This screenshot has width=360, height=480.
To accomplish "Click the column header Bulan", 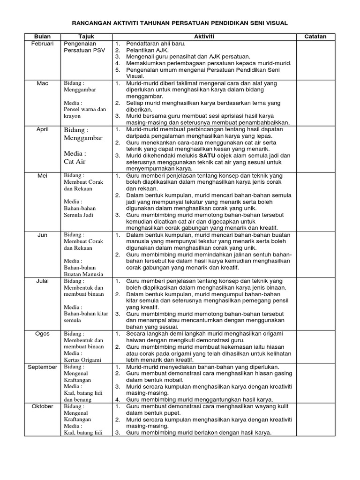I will (42, 37).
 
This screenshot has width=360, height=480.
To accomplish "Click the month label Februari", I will (42, 44).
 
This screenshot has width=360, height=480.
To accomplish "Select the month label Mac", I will (42, 83).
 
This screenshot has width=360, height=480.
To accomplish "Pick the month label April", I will (42, 129).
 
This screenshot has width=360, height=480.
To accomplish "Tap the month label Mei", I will (42, 175).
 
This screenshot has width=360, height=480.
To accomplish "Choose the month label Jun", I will (42, 234).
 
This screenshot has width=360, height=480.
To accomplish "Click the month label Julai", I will (42, 281).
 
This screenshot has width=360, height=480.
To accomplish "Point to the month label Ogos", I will (42, 333).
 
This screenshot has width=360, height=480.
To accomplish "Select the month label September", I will (42, 367).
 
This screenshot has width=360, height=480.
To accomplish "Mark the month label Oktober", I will (42, 406).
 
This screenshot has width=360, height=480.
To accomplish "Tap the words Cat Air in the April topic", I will (75, 162).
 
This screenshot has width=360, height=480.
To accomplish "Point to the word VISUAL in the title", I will (275, 22).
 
